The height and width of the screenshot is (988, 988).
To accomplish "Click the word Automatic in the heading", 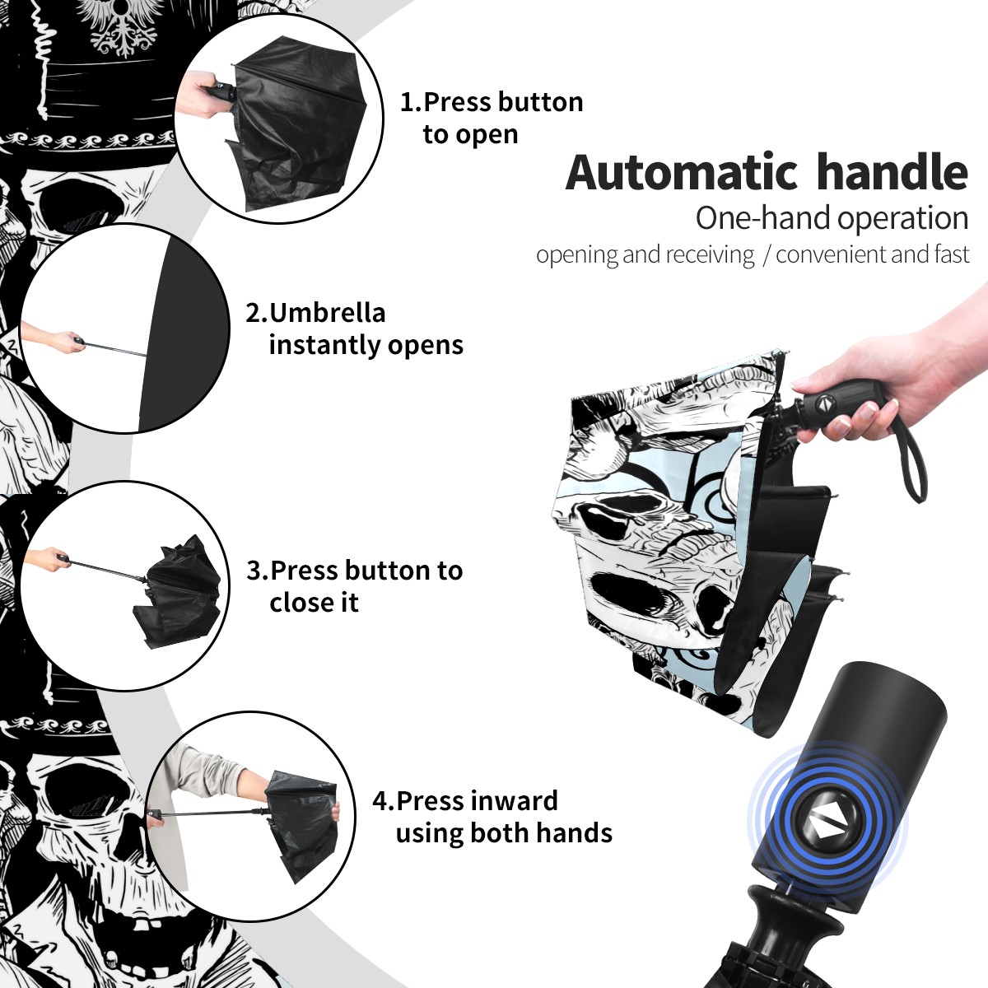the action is point(682,172).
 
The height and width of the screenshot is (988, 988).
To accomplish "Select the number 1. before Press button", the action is point(411,102).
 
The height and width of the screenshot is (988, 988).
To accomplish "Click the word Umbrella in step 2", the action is point(327,313).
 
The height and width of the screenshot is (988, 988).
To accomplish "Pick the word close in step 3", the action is point(300,603).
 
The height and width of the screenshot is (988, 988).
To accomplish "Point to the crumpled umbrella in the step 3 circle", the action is point(179,591).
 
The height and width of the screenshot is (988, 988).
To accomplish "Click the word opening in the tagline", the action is point(577,254).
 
